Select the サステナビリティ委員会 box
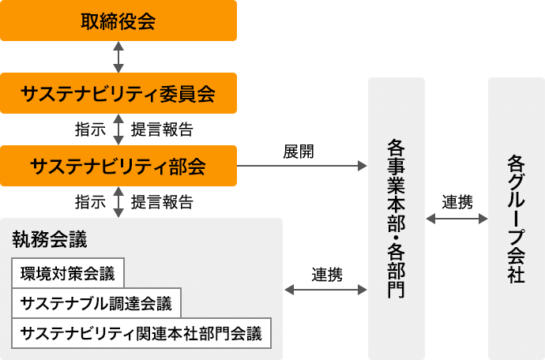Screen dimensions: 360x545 [x=118, y=93]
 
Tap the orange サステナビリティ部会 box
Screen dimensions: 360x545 [x=118, y=166]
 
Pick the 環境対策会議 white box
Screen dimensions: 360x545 [x=68, y=275]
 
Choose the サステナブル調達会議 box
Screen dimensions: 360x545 [x=96, y=303]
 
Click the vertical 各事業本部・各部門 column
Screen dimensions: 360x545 [x=397, y=219]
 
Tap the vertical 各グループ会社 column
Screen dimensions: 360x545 [x=516, y=219]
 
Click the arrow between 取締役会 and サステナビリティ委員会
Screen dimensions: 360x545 [x=118, y=58]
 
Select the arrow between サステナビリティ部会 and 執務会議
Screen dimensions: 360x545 [x=118, y=202]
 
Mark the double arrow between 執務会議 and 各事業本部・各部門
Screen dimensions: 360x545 [x=325, y=290]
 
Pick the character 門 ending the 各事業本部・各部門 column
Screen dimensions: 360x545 [x=397, y=288]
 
